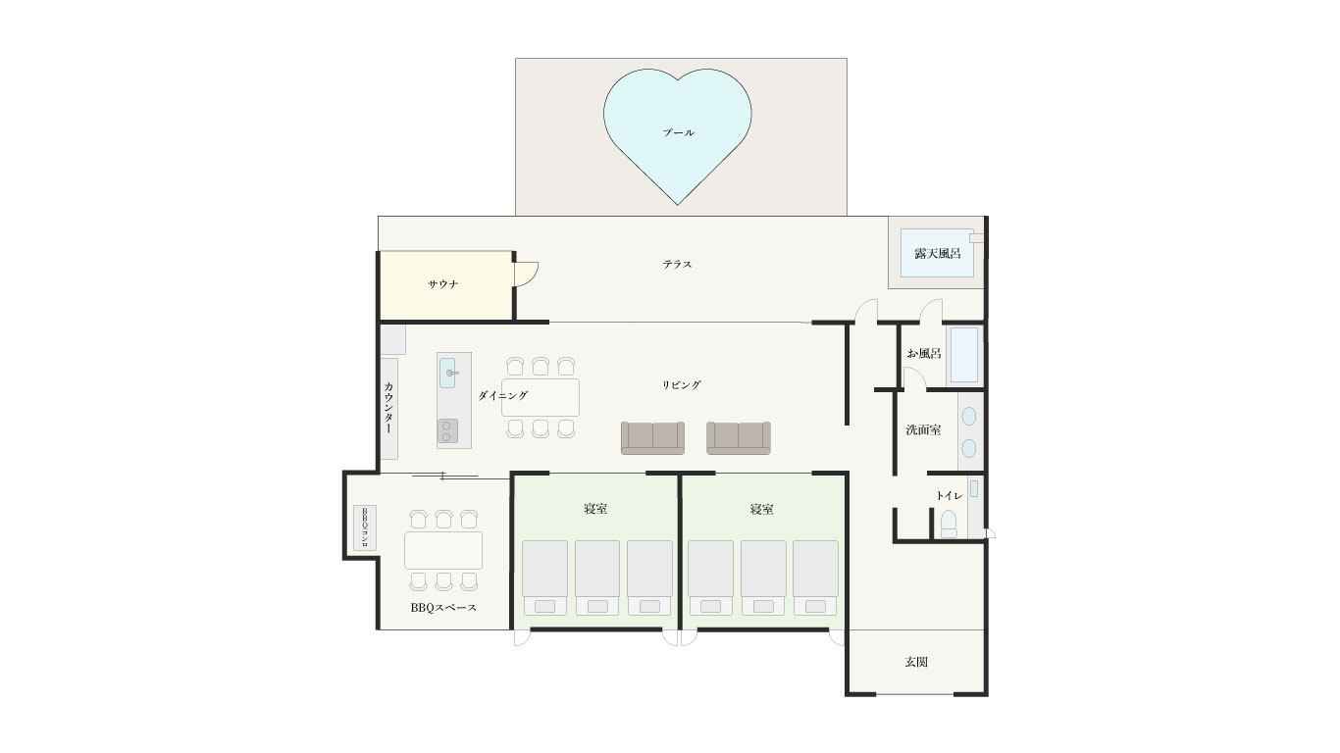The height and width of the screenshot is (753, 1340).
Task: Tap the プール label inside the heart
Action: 679,132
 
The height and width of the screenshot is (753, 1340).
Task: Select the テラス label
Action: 677,265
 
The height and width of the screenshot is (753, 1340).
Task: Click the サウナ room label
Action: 443,284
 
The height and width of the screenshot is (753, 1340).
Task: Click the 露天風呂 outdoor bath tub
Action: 937,253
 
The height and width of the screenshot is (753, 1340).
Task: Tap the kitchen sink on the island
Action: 447,373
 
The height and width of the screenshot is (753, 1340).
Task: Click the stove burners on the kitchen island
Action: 447,430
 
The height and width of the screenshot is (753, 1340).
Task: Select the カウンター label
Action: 388,408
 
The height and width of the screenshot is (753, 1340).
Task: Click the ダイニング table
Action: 541,397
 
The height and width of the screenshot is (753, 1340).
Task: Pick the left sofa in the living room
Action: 652,438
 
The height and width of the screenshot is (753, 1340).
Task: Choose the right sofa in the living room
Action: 739,438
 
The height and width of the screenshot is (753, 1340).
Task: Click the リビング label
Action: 682,385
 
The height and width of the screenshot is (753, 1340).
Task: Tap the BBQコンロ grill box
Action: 365,527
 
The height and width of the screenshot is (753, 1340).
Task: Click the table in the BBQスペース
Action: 443,550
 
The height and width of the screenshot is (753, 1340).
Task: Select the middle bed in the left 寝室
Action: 597,577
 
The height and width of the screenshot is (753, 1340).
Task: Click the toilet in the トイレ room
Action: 949,524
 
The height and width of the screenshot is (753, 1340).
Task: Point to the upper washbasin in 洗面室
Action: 968,417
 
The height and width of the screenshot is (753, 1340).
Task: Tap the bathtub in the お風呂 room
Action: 964,354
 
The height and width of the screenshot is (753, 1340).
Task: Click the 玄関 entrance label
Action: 916,662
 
